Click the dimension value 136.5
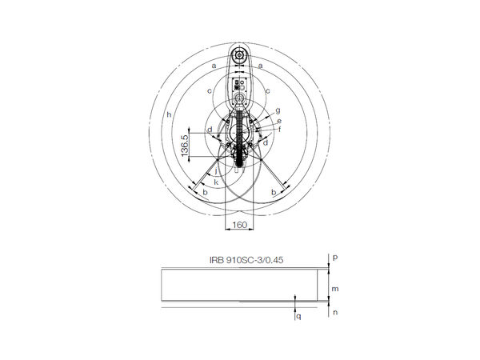(x=184, y=145)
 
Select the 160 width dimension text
(x=238, y=226)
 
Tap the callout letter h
(x=169, y=116)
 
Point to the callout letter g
(x=277, y=110)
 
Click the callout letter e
(x=279, y=120)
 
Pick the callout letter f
(x=279, y=129)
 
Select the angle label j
(x=216, y=171)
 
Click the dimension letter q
(x=298, y=316)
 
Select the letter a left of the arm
(x=214, y=64)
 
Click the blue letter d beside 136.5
(x=209, y=129)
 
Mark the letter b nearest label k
(x=206, y=193)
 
